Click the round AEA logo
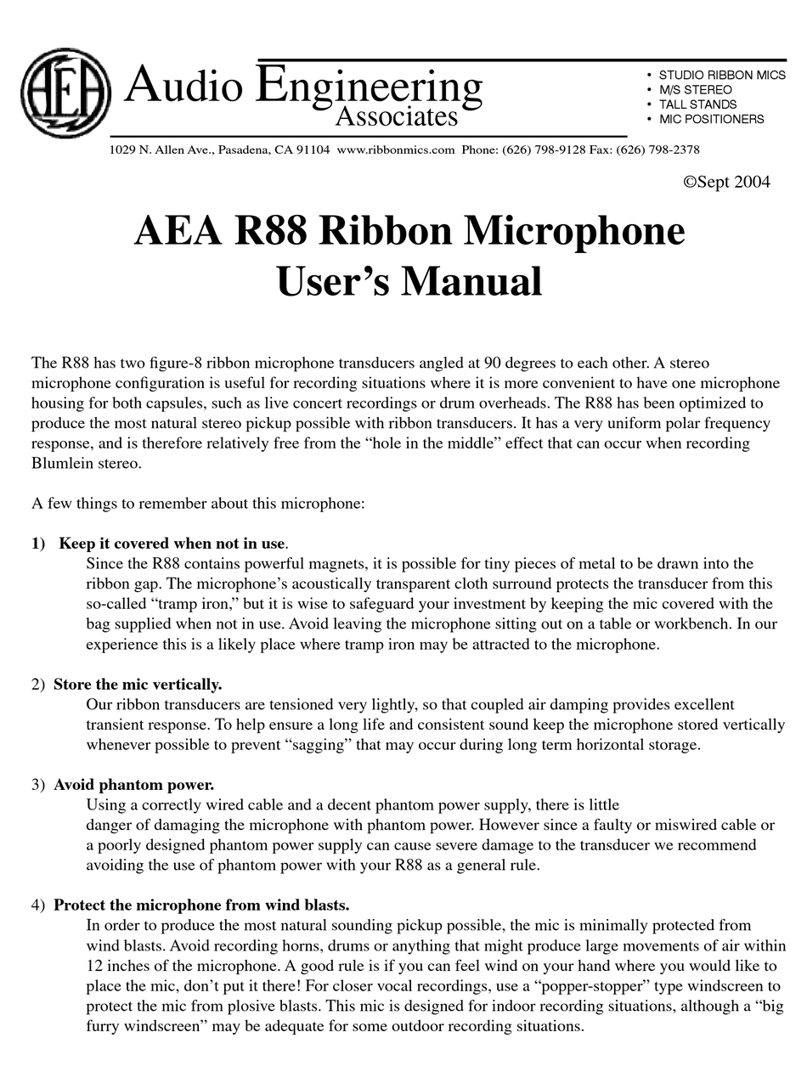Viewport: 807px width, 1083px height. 65,93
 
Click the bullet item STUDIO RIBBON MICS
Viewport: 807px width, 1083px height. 721,75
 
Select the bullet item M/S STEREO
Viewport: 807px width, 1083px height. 695,89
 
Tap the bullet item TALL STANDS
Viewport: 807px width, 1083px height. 697,104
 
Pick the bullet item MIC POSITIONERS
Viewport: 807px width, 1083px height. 711,119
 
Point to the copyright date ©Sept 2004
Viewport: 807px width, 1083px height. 726,182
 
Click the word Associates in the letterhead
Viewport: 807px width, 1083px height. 396,116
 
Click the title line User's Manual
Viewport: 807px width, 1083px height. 409,281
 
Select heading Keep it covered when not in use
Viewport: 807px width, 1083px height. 172,544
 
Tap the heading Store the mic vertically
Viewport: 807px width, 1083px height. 138,685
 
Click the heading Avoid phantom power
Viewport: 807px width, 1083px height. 133,785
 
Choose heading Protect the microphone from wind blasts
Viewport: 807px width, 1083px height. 201,905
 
